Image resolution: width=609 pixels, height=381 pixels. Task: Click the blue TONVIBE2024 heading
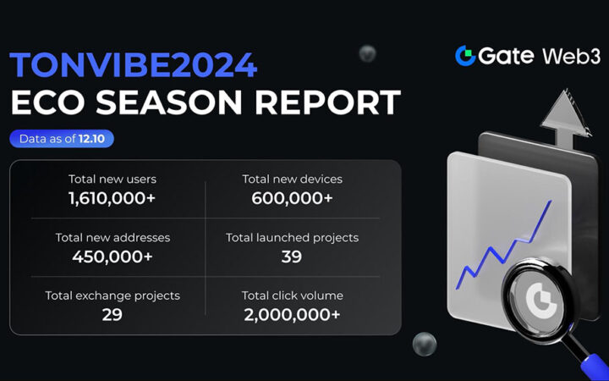134,65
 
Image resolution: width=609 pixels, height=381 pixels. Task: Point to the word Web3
572,56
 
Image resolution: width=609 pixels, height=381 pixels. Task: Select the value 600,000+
292,198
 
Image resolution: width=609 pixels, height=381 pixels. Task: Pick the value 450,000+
112,257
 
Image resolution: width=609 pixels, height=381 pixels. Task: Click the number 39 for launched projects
292,257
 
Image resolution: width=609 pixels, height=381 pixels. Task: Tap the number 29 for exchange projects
112,315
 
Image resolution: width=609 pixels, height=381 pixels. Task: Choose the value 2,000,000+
292,315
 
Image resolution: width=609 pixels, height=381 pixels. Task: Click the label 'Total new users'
112,179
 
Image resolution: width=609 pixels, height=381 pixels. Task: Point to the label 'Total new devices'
292,179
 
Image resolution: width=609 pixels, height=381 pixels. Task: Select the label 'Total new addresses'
112,238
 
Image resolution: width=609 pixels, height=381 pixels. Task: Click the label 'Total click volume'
292,296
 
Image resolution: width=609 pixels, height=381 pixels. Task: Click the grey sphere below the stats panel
424,344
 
